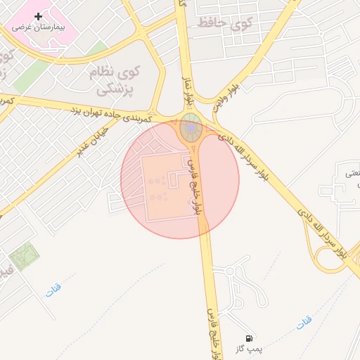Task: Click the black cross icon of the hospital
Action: pos(38,16)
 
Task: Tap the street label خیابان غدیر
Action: pos(94,141)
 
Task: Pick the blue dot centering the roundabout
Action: pos(191,128)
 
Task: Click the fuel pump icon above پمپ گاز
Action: pos(251,338)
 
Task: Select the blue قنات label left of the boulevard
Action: pos(53,289)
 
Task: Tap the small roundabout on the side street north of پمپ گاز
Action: pos(229,271)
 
